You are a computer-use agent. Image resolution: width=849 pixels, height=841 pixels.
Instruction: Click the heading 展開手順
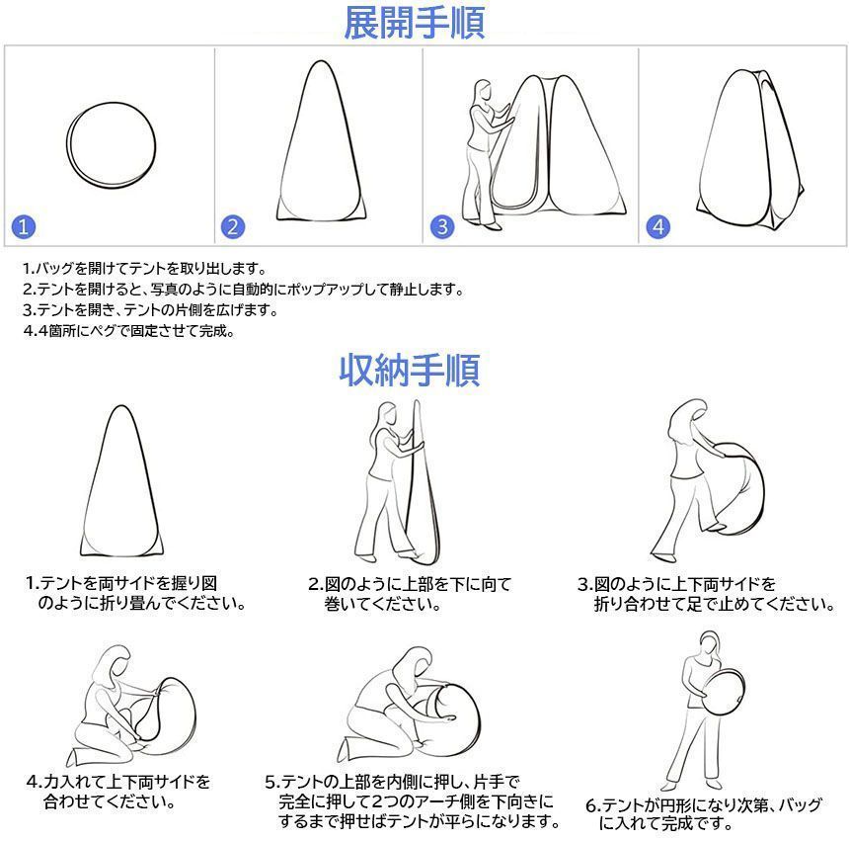(x=414, y=23)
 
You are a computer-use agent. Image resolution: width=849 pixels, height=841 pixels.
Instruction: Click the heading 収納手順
(x=410, y=371)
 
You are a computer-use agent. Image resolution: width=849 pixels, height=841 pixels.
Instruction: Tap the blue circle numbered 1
(x=25, y=226)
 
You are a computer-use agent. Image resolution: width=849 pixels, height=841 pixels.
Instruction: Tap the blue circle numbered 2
(x=233, y=226)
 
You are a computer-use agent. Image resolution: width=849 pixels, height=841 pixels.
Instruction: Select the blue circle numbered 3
(x=441, y=226)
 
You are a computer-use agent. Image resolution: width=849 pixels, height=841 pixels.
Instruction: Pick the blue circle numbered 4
(x=658, y=226)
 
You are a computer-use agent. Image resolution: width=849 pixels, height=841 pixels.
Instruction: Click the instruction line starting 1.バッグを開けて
(x=143, y=268)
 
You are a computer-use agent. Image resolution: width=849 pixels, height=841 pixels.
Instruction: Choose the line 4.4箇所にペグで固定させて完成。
(x=128, y=331)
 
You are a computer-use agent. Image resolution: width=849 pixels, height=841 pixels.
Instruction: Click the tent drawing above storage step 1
(x=120, y=484)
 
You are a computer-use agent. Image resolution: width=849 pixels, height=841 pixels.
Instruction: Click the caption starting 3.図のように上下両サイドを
(x=705, y=594)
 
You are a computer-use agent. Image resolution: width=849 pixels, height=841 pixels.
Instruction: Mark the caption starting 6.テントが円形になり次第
(x=703, y=813)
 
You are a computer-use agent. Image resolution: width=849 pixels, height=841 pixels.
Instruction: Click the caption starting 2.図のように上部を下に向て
(x=409, y=594)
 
